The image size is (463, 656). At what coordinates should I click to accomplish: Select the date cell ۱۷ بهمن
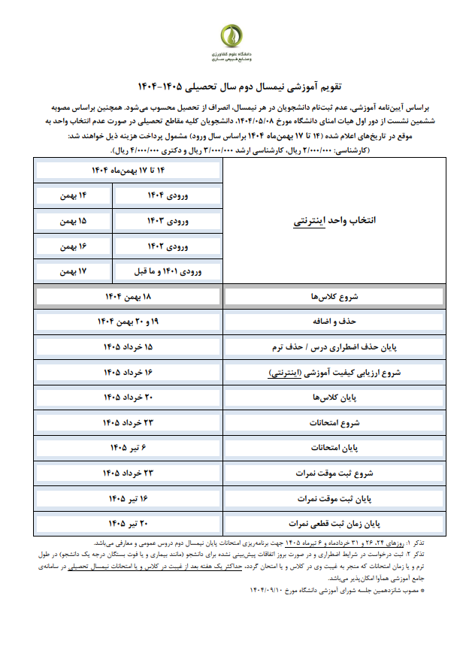pos(73,271)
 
